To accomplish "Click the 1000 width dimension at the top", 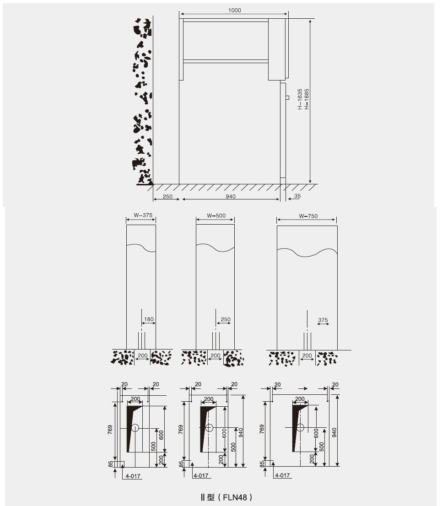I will (x=234, y=10).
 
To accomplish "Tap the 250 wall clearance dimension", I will (x=167, y=196).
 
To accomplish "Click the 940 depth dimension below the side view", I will (x=231, y=196).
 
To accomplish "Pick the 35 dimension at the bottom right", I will (x=297, y=196).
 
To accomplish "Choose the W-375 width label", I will (x=142, y=215).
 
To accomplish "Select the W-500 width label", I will (x=216, y=215).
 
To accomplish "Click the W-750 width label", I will (x=308, y=216).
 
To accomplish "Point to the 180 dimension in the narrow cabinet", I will (x=149, y=319).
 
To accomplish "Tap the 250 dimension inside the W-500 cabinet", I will (x=225, y=319).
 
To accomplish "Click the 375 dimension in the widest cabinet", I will (x=323, y=320).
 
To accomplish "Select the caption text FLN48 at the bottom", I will (x=235, y=497).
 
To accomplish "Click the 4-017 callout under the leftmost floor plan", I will (x=133, y=476).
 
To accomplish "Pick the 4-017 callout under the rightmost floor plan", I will (x=282, y=476).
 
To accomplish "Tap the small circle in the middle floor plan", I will (x=209, y=428).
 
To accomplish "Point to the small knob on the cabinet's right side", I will (x=287, y=97).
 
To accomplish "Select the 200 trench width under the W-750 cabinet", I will (x=307, y=355).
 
